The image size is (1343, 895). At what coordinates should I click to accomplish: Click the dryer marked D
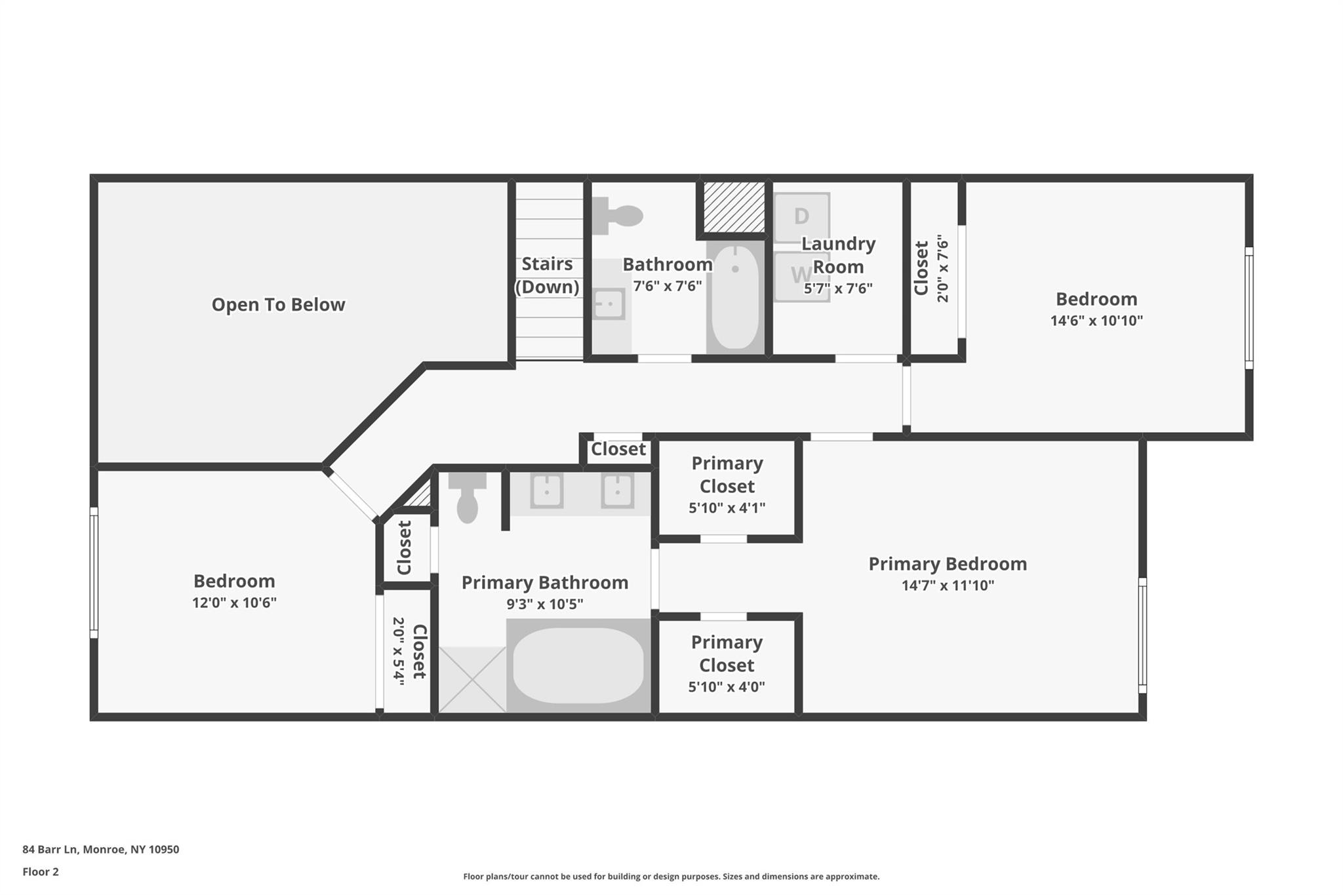[802, 217]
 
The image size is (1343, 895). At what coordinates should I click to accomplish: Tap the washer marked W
[802, 276]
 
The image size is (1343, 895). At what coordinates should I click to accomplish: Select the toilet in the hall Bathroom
[617, 215]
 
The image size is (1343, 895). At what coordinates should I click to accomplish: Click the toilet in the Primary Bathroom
[467, 498]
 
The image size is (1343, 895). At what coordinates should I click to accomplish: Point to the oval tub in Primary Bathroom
[578, 666]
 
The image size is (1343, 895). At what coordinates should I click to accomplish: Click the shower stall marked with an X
[472, 679]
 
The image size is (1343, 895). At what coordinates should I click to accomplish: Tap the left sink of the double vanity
[547, 490]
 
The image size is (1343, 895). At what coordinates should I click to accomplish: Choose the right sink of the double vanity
[617, 490]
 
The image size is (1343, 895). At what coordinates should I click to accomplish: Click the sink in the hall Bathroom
[609, 304]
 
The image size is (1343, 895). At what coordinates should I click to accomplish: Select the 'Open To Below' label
[278, 305]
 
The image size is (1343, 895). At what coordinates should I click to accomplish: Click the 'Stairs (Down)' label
[547, 275]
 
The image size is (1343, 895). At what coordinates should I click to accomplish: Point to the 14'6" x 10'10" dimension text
[1096, 321]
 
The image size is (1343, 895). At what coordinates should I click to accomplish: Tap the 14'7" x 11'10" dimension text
[948, 586]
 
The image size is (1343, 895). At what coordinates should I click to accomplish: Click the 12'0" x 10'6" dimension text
[234, 603]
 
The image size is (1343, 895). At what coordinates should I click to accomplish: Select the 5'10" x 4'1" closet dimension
[727, 508]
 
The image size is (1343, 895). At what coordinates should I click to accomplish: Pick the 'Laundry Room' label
[838, 255]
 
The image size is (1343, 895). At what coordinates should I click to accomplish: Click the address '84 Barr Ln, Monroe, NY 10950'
[100, 850]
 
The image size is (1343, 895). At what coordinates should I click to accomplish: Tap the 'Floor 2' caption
[41, 872]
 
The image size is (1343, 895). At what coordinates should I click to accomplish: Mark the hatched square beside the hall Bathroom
[734, 207]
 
